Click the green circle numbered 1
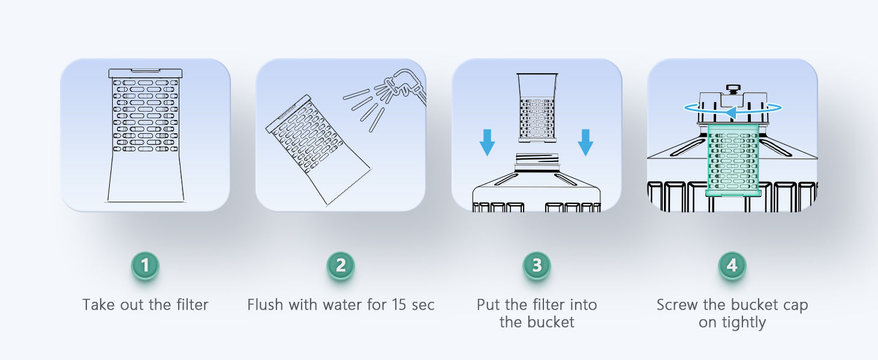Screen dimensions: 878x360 click(145, 265)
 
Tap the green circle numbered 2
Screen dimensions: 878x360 click(341, 265)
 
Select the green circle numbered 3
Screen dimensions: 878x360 click(537, 265)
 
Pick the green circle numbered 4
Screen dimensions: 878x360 click(732, 265)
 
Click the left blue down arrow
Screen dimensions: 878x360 click(487, 143)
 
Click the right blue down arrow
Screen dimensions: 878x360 click(585, 143)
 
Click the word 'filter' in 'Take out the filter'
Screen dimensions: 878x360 click(192, 305)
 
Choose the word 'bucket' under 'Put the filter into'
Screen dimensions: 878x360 click(551, 322)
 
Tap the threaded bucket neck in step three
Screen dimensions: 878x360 click(537, 161)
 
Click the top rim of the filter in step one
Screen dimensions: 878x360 click(145, 73)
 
